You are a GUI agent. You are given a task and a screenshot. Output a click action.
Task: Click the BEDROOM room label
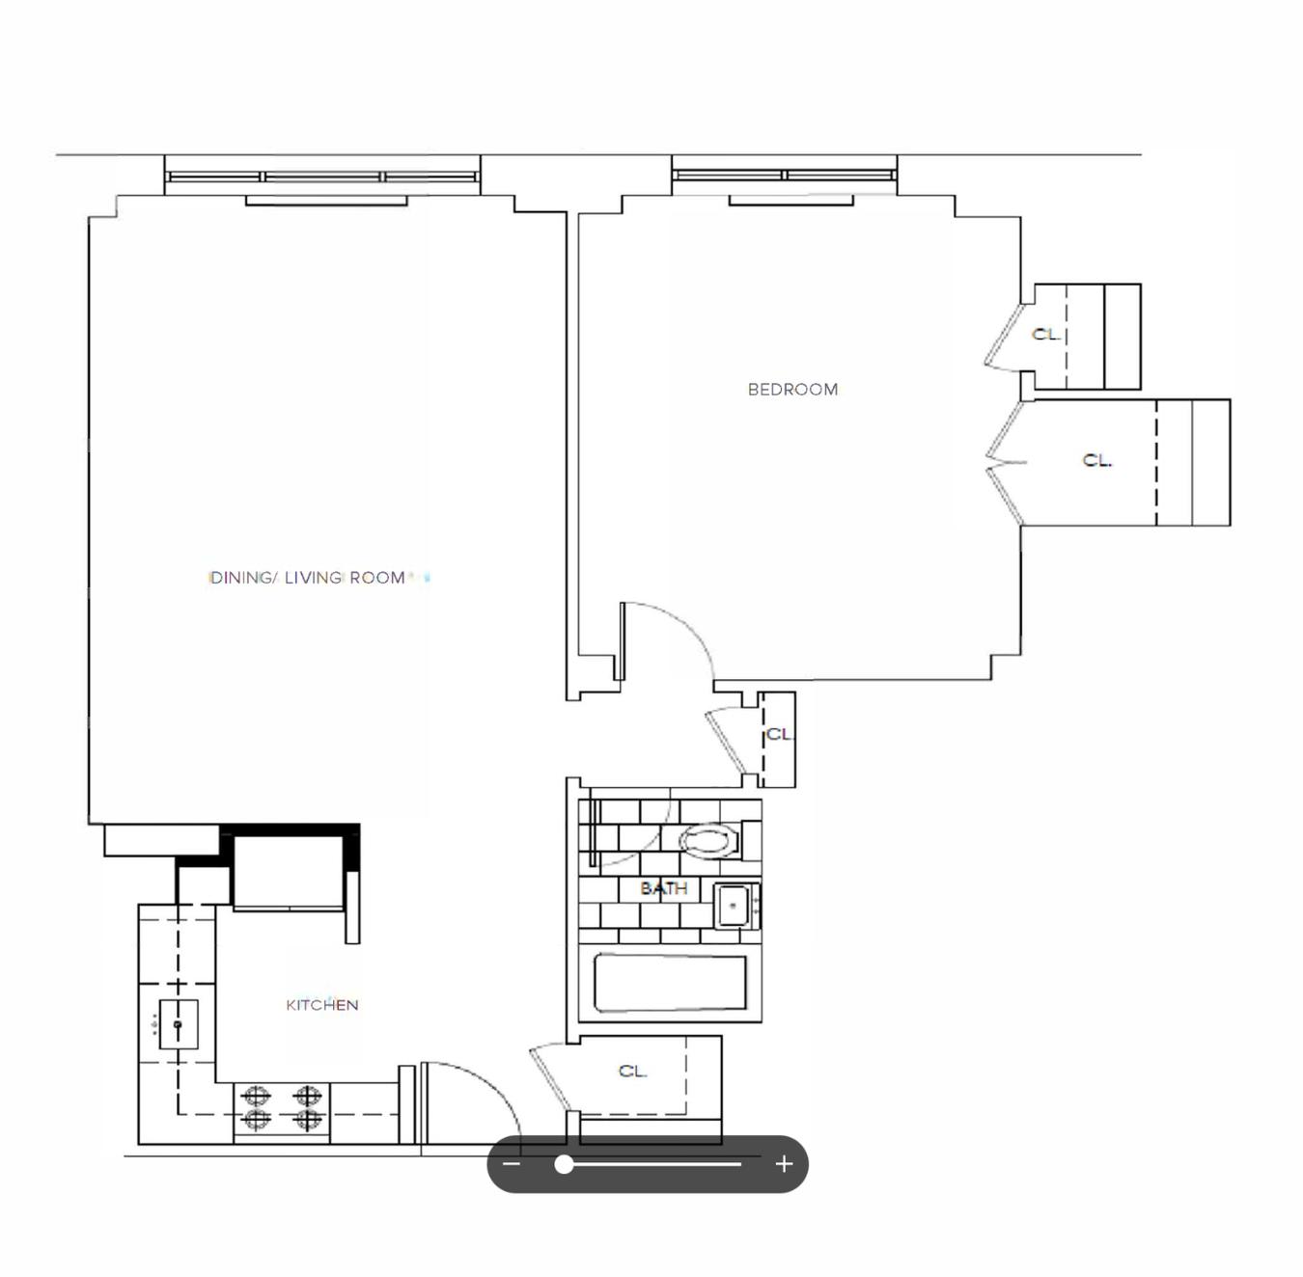(792, 390)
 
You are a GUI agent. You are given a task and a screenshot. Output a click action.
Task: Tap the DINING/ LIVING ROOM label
(308, 578)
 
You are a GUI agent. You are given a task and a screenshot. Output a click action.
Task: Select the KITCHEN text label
(321, 1005)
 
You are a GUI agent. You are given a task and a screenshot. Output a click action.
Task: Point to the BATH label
(663, 887)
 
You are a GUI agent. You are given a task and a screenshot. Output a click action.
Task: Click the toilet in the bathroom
(710, 840)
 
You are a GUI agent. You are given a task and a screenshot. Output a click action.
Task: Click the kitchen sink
(179, 1024)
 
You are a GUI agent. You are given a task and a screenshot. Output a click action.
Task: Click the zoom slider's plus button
(784, 1163)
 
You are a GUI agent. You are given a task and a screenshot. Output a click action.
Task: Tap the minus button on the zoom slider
(512, 1163)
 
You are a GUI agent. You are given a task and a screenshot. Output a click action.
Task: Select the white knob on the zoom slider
(564, 1163)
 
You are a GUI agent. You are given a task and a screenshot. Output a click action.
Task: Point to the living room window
(322, 177)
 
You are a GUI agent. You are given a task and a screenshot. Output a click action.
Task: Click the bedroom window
(785, 176)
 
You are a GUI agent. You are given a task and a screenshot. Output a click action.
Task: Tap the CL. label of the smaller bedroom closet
(1046, 334)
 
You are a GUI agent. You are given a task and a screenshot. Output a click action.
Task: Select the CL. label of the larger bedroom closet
(1096, 460)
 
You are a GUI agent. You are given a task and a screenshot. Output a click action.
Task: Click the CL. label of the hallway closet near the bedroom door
(779, 734)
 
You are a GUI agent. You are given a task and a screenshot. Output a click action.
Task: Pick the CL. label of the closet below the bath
(633, 1071)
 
